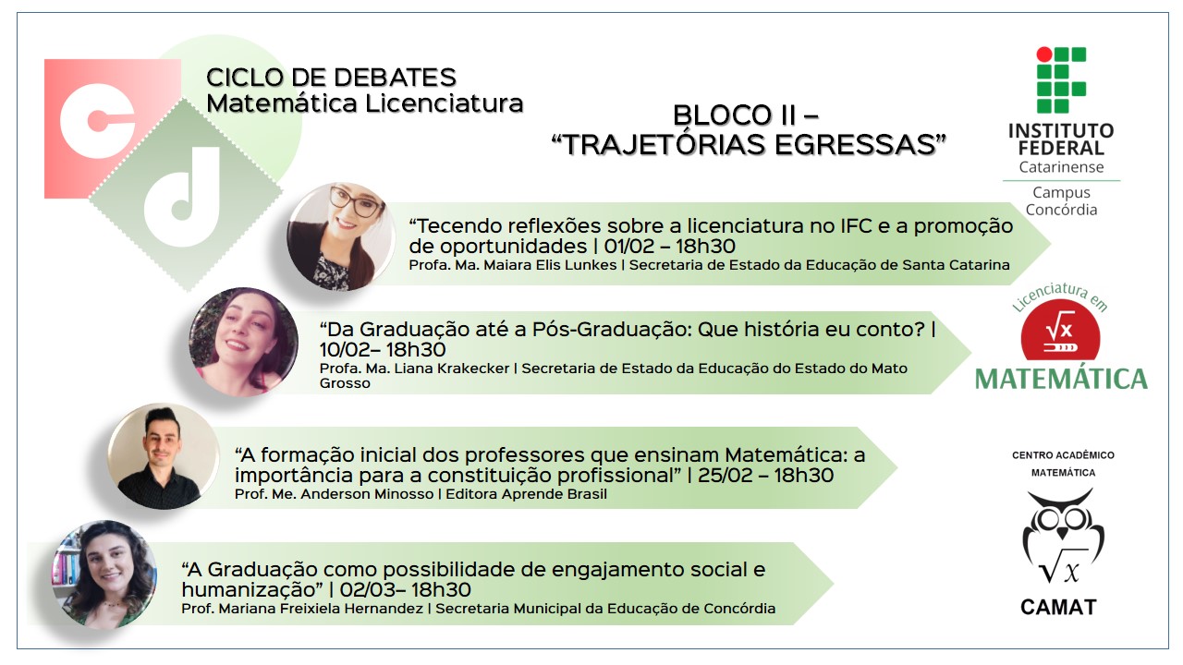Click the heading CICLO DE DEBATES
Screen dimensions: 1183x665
[x=331, y=78]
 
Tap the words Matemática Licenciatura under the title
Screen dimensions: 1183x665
[x=365, y=103]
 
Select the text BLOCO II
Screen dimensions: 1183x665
[x=735, y=115]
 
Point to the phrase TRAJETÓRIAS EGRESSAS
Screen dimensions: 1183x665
[x=749, y=145]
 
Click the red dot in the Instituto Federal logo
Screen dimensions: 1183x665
[x=1044, y=54]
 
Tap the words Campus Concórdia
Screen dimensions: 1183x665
[x=1062, y=201]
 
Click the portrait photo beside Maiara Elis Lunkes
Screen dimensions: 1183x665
[x=341, y=237]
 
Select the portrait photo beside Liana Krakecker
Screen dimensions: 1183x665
[x=243, y=342]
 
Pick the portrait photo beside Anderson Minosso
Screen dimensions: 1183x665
[x=164, y=456]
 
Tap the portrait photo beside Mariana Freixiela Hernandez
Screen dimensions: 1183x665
[x=104, y=574]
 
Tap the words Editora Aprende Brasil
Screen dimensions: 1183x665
[x=527, y=494]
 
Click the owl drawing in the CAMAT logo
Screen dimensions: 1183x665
[x=1063, y=535]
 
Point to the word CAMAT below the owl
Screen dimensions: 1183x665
[x=1059, y=608]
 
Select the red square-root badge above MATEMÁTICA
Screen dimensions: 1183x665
[x=1060, y=331]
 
